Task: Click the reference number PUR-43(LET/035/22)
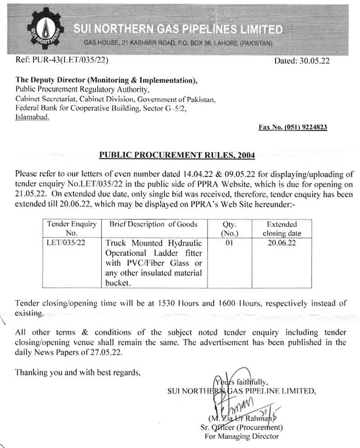point(63,59)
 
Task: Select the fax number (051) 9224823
point(293,127)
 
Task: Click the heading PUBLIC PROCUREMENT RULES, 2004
point(177,155)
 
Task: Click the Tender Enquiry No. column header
point(72,229)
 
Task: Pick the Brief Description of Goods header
point(150,224)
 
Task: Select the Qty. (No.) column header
point(229,229)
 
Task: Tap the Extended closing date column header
point(282,229)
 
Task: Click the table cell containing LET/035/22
point(65,243)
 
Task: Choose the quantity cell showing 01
point(229,243)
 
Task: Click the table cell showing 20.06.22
point(282,243)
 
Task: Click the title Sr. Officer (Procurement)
point(241,427)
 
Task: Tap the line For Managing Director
point(241,436)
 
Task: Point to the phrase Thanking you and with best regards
point(78,372)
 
